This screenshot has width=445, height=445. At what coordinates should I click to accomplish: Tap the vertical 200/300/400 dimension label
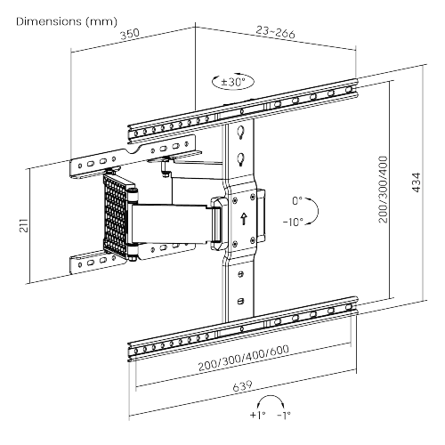pos(384,187)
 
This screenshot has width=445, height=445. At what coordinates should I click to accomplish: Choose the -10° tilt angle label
pos(293,220)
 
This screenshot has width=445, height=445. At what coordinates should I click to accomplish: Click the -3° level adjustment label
pos(283,414)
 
